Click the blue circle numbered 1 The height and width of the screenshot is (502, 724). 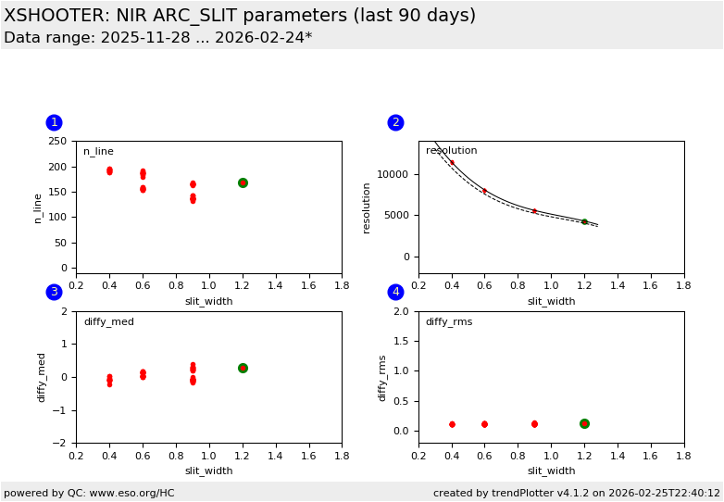coord(54,122)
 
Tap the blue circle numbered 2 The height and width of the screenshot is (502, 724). coord(395,122)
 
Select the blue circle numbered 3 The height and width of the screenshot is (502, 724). coord(54,292)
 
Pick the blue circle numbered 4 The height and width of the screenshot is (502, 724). coord(395,292)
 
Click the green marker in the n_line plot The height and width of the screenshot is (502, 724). coord(243,182)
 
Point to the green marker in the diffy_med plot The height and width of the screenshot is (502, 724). coord(243,368)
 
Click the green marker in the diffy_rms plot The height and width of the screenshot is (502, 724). coord(584,423)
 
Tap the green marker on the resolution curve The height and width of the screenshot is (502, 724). coord(584,221)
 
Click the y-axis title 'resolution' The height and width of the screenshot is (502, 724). coord(368,207)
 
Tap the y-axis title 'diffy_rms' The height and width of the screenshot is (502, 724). coord(382,377)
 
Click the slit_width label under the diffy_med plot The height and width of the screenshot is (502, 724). coord(208,471)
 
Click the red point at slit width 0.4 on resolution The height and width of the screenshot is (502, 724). coord(452,162)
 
